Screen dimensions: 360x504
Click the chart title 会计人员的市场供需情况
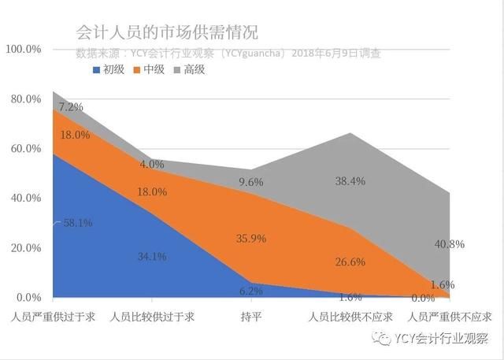[166, 32]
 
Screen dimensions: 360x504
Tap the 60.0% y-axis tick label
[25, 148]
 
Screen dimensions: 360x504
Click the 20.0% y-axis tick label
[25, 247]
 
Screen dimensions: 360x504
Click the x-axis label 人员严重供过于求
[54, 317]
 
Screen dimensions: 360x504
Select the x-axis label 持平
[251, 317]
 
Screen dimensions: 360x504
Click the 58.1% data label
[77, 223]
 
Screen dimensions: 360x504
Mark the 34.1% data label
[151, 256]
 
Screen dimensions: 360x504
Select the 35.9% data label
[251, 238]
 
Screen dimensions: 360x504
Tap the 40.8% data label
[450, 244]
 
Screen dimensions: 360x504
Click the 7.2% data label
[71, 106]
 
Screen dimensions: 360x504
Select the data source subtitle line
[228, 54]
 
